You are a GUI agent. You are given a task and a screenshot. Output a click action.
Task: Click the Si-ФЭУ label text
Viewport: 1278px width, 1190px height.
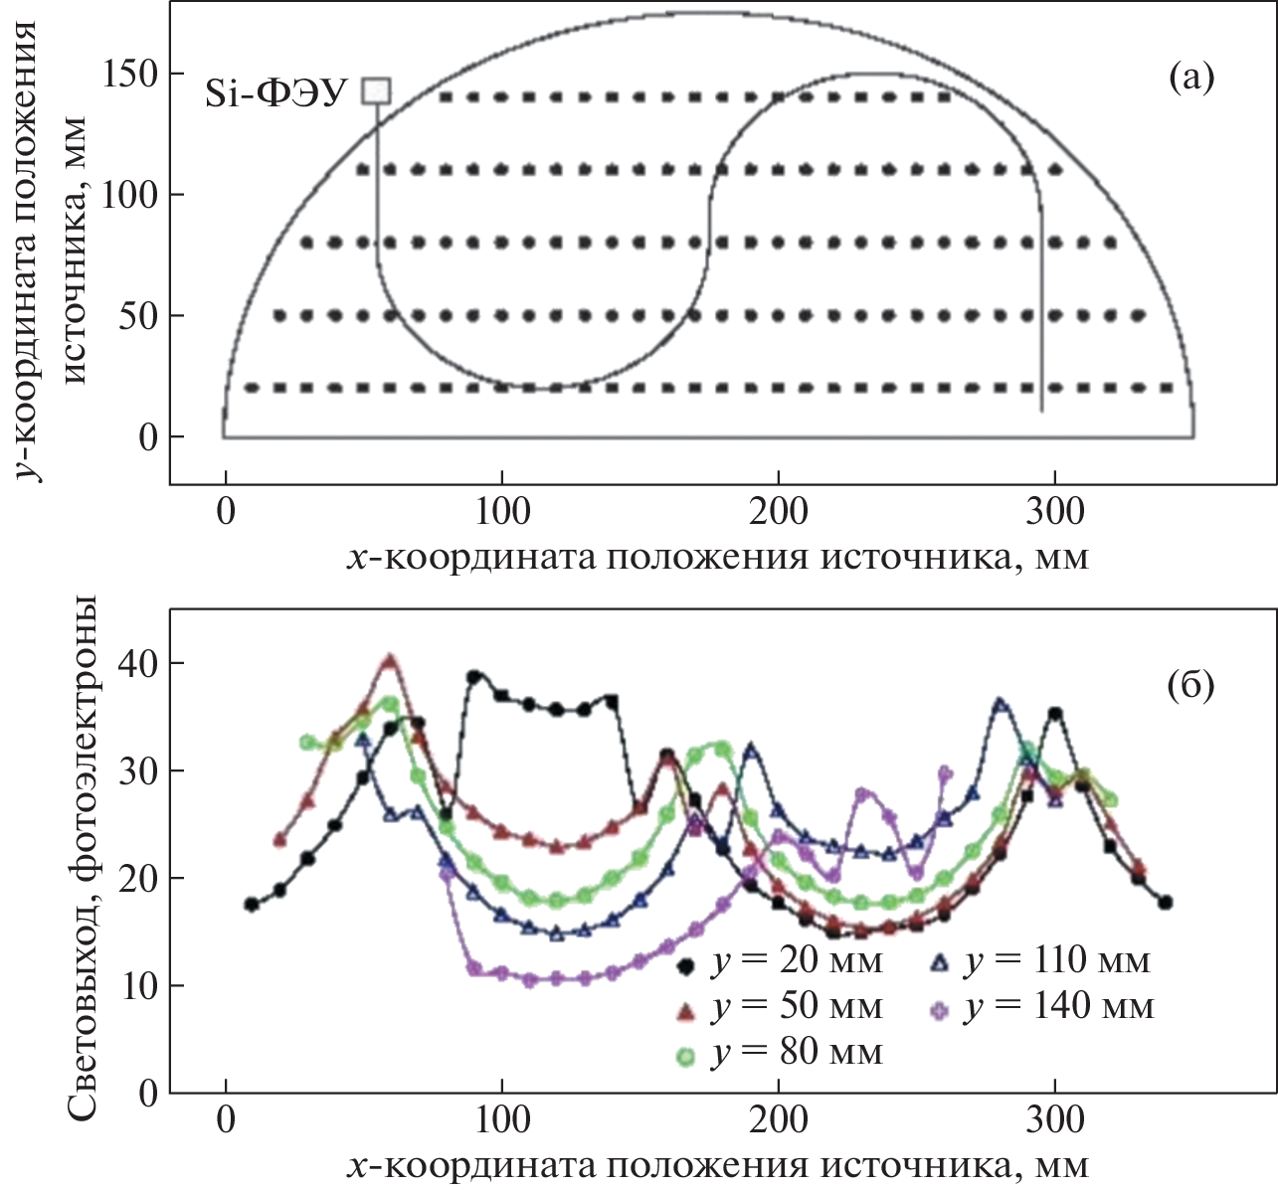(275, 93)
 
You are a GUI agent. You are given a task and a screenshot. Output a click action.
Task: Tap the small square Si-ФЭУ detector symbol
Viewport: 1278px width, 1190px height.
(376, 91)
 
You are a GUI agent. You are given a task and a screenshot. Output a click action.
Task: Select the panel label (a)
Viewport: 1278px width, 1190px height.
(1190, 77)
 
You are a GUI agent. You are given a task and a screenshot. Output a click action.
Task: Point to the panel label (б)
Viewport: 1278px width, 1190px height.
(1190, 685)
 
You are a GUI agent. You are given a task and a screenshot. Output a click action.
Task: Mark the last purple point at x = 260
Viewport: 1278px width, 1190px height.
(945, 771)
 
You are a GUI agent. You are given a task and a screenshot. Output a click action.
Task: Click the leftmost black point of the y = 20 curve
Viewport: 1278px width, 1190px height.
(252, 905)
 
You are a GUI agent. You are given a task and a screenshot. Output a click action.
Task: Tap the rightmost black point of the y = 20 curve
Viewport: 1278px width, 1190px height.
(1166, 903)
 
